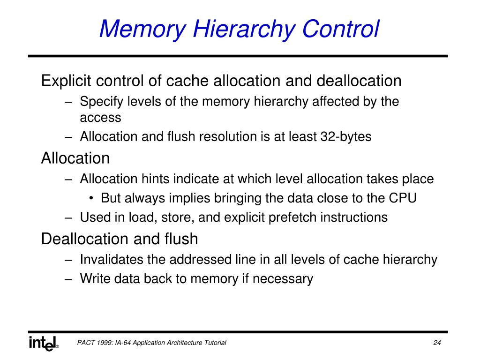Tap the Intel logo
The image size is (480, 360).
tap(44, 343)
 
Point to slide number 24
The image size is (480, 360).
tap(437, 343)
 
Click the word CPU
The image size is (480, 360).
tap(403, 198)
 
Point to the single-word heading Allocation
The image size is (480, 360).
tap(75, 158)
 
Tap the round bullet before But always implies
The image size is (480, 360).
tap(92, 198)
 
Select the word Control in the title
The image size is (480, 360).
tap(341, 29)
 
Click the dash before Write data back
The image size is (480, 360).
tap(69, 279)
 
